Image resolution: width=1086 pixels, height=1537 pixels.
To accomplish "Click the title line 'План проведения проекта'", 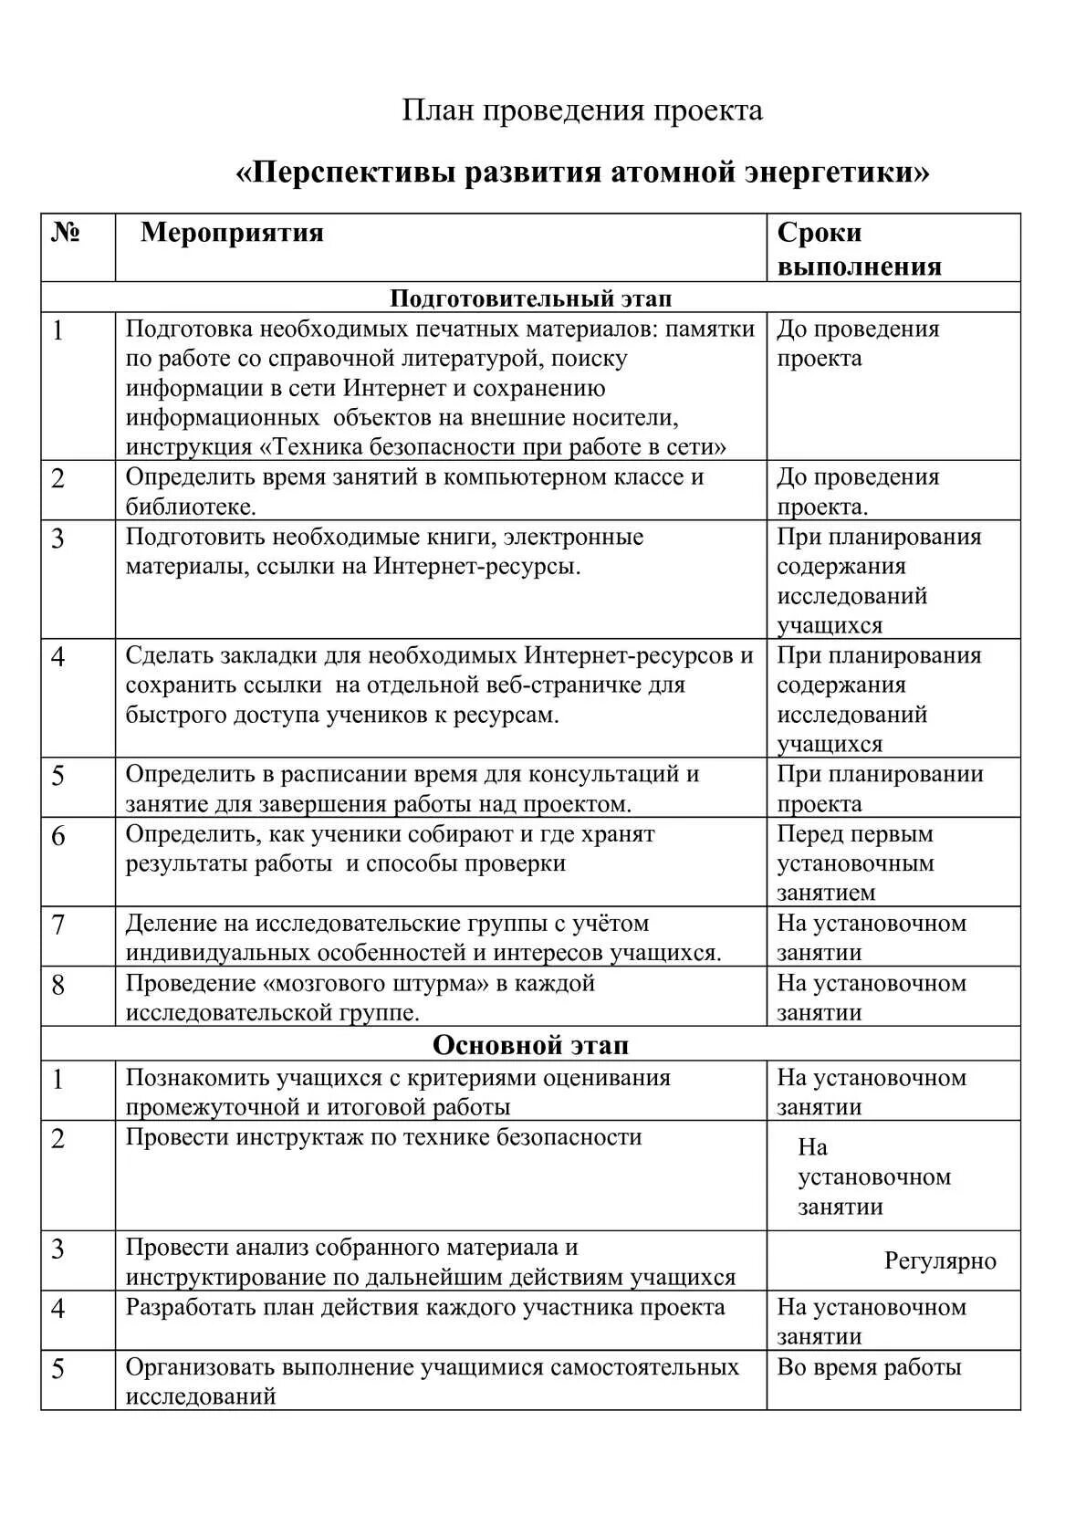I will coord(582,111).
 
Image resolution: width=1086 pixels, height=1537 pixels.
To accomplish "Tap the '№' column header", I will coord(66,233).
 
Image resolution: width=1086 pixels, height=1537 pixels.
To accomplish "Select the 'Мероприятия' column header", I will coord(232,233).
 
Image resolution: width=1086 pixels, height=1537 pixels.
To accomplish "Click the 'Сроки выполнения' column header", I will coord(859,248).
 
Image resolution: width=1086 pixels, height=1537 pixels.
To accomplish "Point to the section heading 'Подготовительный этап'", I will coord(530,298).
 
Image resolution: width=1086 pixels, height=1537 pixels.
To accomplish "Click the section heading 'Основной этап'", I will coord(530,1045).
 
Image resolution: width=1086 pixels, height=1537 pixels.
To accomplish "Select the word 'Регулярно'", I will coord(940,1261).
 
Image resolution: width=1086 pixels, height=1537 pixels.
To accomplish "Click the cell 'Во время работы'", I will coord(869,1367).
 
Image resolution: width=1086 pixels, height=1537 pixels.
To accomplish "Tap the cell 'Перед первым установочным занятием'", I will coord(856,863).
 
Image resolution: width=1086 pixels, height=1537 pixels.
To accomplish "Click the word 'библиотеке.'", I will coord(191,507).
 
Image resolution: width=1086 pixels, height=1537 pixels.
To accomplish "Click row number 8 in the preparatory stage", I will coord(58,986).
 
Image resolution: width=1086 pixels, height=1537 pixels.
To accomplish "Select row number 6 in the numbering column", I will coord(58,836).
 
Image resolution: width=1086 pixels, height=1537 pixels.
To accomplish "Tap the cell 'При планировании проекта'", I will coord(880,789).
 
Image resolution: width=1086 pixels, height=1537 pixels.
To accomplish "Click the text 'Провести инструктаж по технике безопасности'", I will coord(383,1137).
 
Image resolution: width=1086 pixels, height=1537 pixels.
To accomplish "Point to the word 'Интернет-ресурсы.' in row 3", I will coord(476,566).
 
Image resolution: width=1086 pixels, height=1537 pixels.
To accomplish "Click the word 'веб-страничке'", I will coord(561,685).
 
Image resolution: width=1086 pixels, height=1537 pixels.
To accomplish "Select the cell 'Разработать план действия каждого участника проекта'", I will coord(425,1307).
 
